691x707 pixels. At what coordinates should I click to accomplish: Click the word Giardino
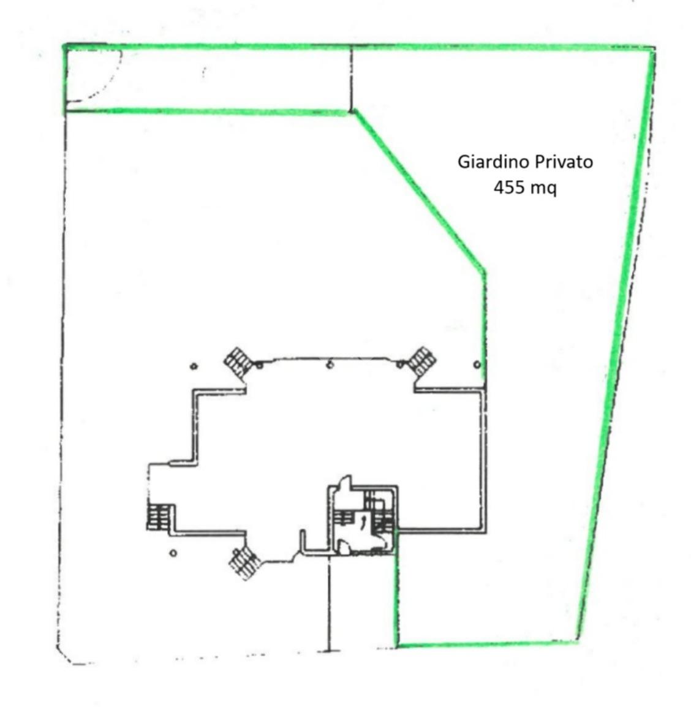494,162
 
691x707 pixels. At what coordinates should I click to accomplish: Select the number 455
510,187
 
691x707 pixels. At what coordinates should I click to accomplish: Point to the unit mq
544,189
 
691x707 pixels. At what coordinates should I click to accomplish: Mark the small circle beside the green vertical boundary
477,365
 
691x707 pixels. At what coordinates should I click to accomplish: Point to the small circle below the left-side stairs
173,553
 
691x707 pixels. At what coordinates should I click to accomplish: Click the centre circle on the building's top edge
330,365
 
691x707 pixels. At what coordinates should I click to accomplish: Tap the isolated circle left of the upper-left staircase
194,366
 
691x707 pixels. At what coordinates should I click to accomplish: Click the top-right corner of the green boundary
653,48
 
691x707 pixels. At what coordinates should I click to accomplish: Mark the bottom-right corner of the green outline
576,641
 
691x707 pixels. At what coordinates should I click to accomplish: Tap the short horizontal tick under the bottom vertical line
330,650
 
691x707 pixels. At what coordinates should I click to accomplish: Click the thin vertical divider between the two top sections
352,78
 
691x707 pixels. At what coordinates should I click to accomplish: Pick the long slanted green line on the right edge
616,343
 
